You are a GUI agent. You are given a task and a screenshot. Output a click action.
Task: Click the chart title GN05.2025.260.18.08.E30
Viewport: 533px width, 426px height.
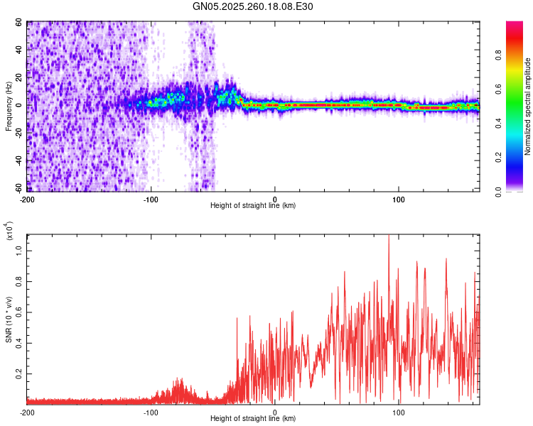pyautogui.click(x=253, y=7)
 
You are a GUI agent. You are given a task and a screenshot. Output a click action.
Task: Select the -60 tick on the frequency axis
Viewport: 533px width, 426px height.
pyautogui.click(x=18, y=188)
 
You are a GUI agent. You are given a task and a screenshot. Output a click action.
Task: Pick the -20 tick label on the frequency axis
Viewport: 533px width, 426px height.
pyautogui.click(x=18, y=133)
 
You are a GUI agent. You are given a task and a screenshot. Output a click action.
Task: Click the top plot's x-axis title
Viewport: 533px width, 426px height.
pyautogui.click(x=253, y=206)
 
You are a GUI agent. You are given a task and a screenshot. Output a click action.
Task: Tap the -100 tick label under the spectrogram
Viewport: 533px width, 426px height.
pyautogui.click(x=151, y=200)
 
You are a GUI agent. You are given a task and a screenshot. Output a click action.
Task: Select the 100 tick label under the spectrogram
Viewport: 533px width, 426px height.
pyautogui.click(x=399, y=200)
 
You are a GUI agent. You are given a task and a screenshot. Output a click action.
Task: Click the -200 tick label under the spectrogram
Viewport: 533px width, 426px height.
pyautogui.click(x=27, y=200)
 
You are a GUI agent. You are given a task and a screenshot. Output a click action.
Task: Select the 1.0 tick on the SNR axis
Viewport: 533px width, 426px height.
pyautogui.click(x=18, y=250)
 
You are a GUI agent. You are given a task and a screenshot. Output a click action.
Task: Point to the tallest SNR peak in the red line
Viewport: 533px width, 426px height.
pyautogui.click(x=389, y=236)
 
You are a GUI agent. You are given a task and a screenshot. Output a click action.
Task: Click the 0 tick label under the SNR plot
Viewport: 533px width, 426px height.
pyautogui.click(x=275, y=413)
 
